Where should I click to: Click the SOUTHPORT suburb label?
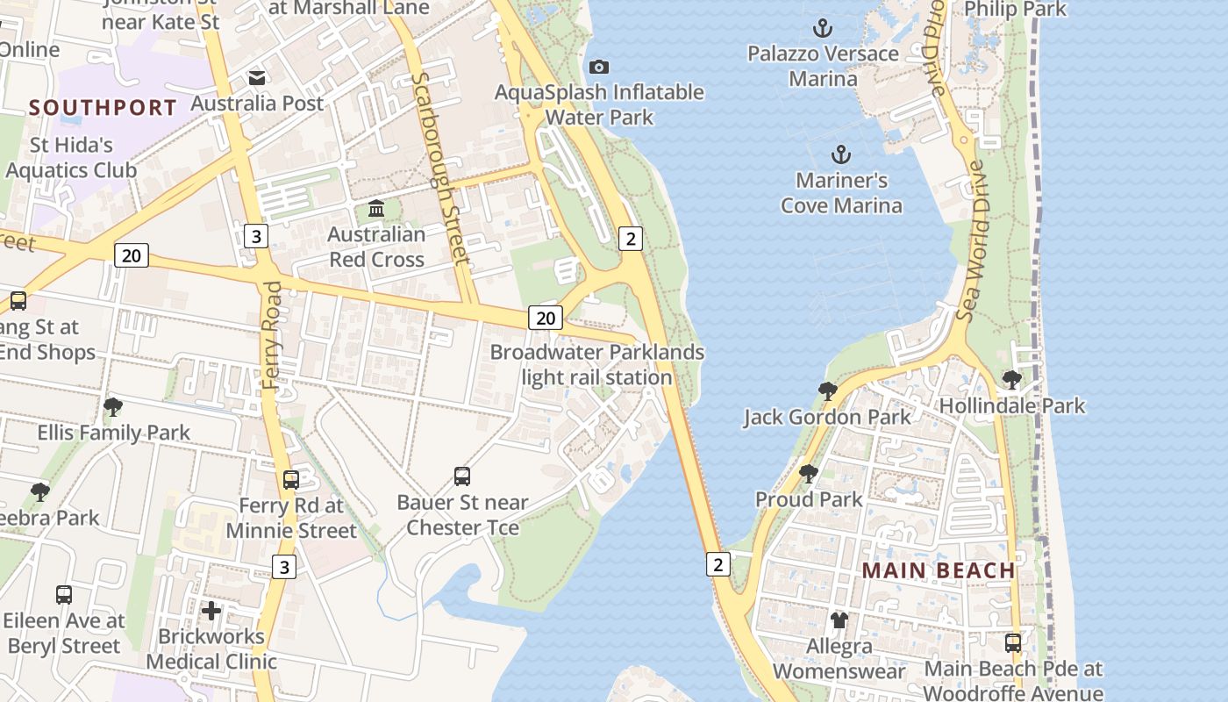pyautogui.click(x=103, y=108)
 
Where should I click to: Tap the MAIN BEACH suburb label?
pyautogui.click(x=938, y=570)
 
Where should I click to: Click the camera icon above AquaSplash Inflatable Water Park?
pyautogui.click(x=599, y=68)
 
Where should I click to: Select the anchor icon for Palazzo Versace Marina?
pyautogui.click(x=822, y=28)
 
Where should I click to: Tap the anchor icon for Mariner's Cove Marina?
pyautogui.click(x=841, y=155)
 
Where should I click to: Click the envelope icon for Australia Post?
pyautogui.click(x=257, y=78)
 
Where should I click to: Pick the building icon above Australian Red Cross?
pyautogui.click(x=376, y=209)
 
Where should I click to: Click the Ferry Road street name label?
pyautogui.click(x=273, y=335)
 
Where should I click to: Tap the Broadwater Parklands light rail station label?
pyautogui.click(x=596, y=364)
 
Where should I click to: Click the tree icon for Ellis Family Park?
pyautogui.click(x=112, y=407)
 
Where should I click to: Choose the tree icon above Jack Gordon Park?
pyautogui.click(x=827, y=391)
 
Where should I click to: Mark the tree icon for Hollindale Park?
pyautogui.click(x=1011, y=380)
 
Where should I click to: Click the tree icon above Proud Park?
pyautogui.click(x=809, y=474)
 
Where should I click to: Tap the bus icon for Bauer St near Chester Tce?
pyautogui.click(x=462, y=476)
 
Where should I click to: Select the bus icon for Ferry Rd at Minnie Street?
pyautogui.click(x=291, y=480)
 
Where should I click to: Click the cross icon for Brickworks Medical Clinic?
pyautogui.click(x=211, y=611)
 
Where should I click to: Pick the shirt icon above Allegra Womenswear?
pyautogui.click(x=839, y=620)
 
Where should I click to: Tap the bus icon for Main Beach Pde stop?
pyautogui.click(x=1013, y=642)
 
